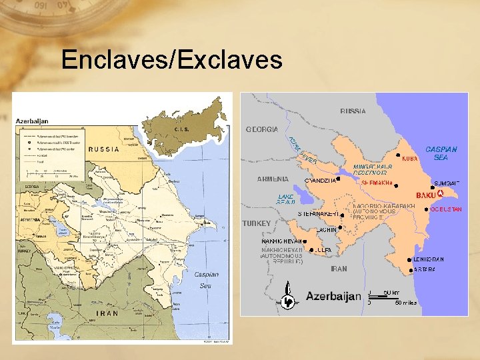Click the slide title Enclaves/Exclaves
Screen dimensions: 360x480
(x=172, y=60)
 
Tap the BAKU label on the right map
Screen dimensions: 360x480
(x=425, y=195)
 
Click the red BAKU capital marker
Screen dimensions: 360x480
(x=439, y=193)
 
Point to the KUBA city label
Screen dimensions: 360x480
(x=410, y=159)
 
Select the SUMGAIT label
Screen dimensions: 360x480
(x=447, y=183)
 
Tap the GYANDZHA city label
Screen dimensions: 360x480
(x=319, y=180)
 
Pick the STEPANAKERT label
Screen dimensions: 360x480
(x=319, y=214)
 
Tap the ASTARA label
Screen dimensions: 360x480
(x=425, y=270)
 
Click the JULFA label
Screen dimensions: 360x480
(x=323, y=250)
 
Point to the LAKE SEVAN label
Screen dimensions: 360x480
(x=286, y=200)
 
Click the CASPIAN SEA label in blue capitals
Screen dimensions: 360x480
(x=441, y=153)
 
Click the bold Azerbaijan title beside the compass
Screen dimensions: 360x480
(x=333, y=296)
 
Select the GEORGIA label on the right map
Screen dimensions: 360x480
(x=262, y=129)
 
